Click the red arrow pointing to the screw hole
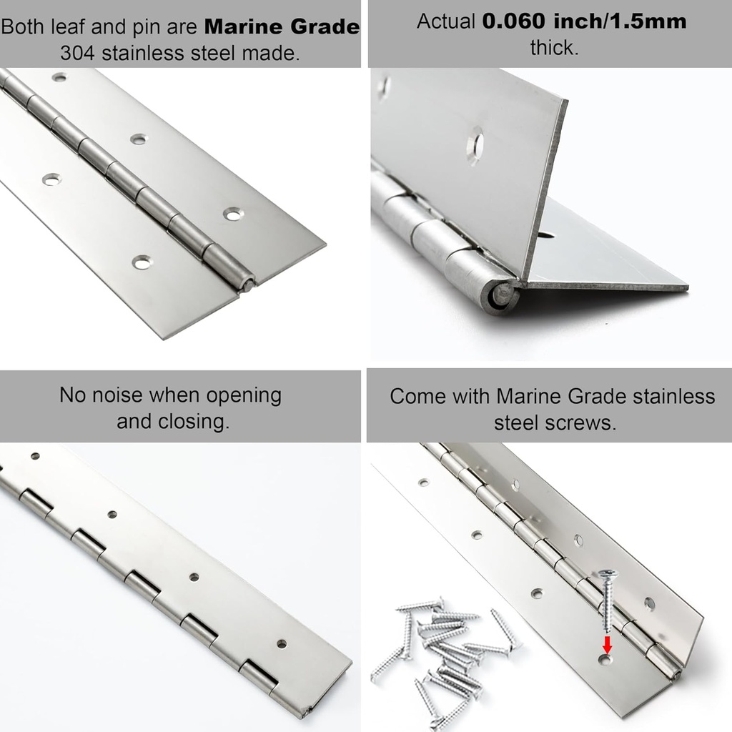[x=607, y=643]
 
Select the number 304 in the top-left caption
[x=75, y=54]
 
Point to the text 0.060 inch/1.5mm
[x=584, y=21]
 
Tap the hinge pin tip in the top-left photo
[x=247, y=285]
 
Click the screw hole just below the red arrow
[x=605, y=659]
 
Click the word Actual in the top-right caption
[x=446, y=21]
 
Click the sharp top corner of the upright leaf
[x=566, y=100]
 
